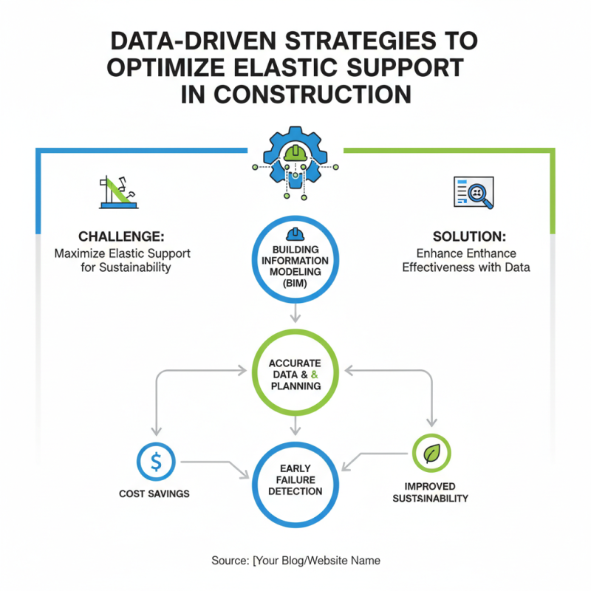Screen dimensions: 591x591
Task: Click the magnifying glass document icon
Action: point(474,191)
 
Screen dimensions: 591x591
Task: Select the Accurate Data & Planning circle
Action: point(295,374)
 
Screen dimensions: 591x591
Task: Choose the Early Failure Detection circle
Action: point(295,479)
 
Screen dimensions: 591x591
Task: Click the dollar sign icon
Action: point(156,462)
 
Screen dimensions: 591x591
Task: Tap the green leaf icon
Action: point(431,453)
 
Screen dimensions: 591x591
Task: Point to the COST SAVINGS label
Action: point(154,493)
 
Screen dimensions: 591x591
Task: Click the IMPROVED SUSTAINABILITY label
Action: point(430,492)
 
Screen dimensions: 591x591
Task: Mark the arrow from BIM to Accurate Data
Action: point(295,313)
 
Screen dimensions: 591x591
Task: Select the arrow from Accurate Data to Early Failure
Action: point(295,426)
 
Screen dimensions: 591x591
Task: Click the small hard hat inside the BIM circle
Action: point(295,233)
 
